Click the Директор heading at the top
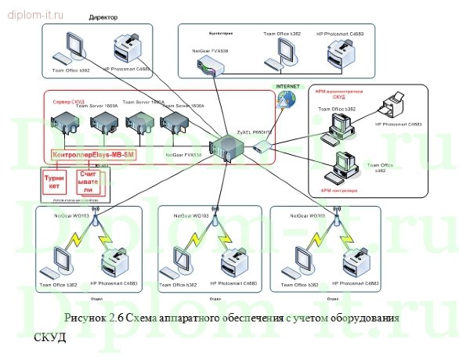point(104,16)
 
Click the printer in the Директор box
point(129,51)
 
